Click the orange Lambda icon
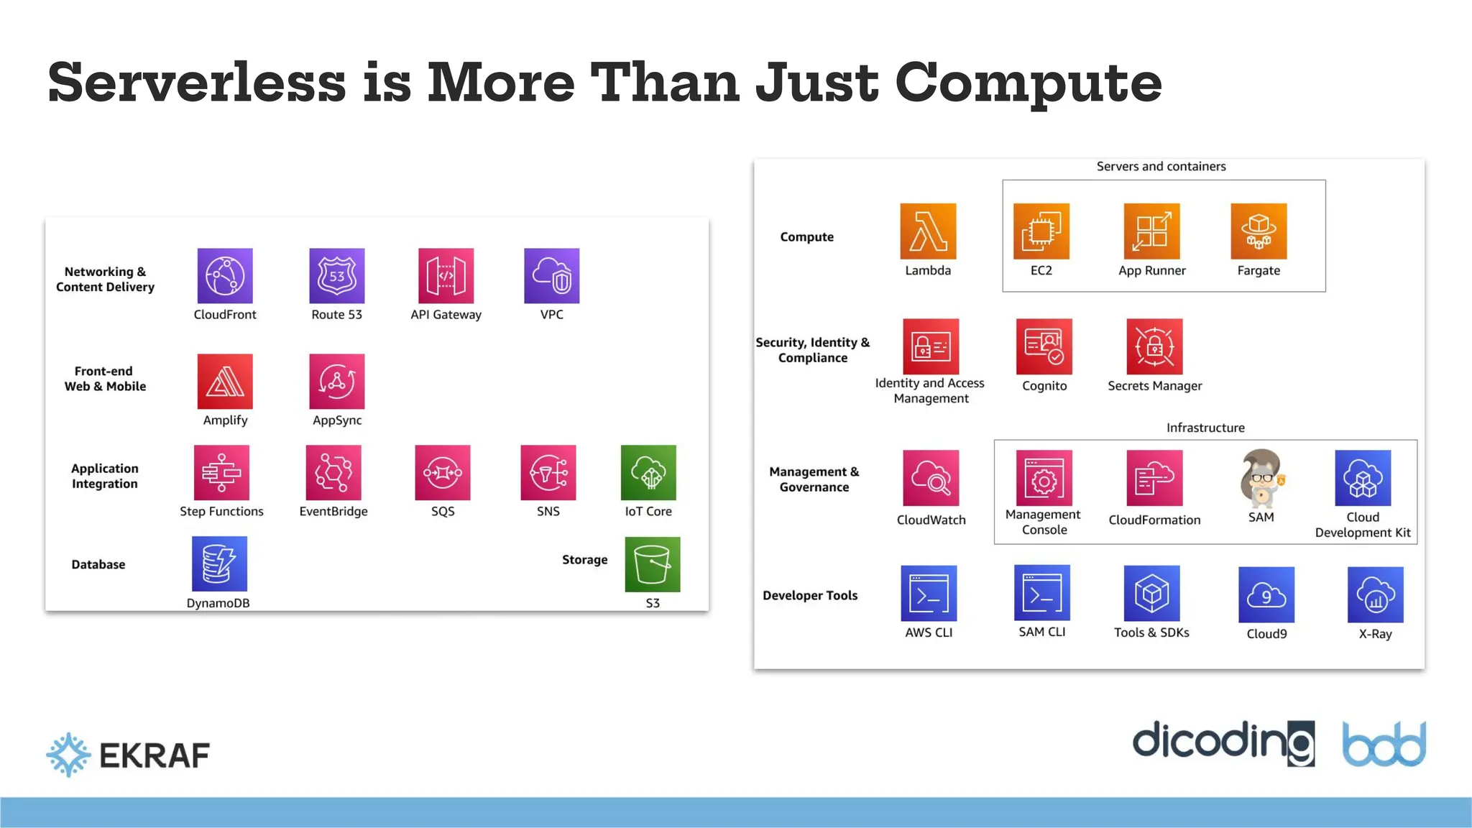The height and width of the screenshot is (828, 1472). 928,231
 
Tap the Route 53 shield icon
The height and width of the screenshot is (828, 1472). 336,276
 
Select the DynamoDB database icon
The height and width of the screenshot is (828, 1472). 219,563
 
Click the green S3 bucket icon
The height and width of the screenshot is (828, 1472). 652,564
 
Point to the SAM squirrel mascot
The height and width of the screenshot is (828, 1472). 1261,478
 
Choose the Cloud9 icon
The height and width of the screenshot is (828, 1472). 1266,594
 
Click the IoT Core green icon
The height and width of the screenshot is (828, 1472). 648,472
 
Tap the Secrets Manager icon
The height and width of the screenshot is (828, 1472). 1154,346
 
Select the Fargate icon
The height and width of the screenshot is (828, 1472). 1259,231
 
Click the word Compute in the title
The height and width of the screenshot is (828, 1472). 1028,83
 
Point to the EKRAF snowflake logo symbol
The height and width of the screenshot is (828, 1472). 68,755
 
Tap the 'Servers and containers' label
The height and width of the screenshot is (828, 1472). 1161,166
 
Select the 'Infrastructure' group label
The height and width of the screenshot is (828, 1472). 1205,428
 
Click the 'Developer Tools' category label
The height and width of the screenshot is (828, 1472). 810,595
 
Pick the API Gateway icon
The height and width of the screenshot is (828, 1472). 446,276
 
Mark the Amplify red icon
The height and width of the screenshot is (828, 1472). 225,381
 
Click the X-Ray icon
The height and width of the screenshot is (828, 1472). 1375,594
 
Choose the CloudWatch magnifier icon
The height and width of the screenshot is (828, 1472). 931,478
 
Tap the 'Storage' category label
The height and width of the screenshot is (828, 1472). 584,559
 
